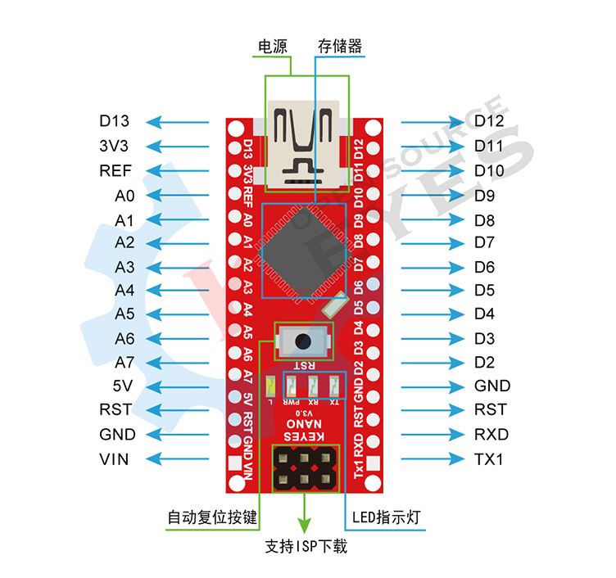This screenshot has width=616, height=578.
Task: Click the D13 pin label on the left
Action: pyautogui.click(x=115, y=122)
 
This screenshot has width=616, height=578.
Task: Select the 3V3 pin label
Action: pyautogui.click(x=115, y=147)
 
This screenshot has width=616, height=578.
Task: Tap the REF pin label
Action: pyautogui.click(x=115, y=171)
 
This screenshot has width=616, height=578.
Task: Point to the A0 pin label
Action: pyautogui.click(x=125, y=196)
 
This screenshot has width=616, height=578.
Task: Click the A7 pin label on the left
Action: pyautogui.click(x=125, y=362)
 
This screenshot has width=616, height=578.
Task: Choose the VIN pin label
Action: pyautogui.click(x=115, y=458)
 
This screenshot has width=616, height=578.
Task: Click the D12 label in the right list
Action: pyautogui.click(x=489, y=122)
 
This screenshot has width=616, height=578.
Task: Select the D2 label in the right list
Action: pyautogui.click(x=484, y=362)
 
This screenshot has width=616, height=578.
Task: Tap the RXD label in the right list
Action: pyautogui.click(x=491, y=434)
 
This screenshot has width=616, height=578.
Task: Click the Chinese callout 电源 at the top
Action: pyautogui.click(x=273, y=46)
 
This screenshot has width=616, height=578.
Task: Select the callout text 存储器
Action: pyautogui.click(x=340, y=46)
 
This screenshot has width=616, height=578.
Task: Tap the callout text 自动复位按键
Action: pyautogui.click(x=212, y=518)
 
